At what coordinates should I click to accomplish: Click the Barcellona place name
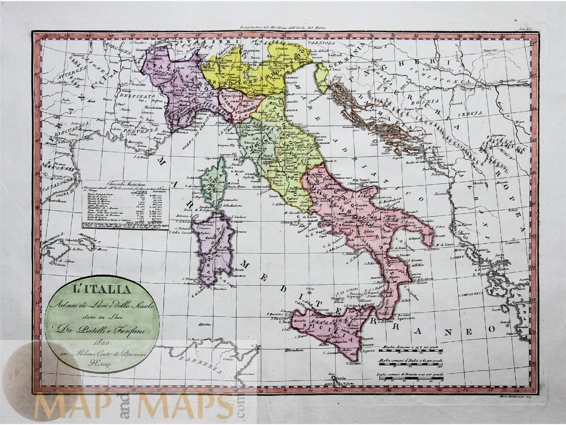click(59, 200)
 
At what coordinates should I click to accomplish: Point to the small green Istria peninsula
click(322, 76)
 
